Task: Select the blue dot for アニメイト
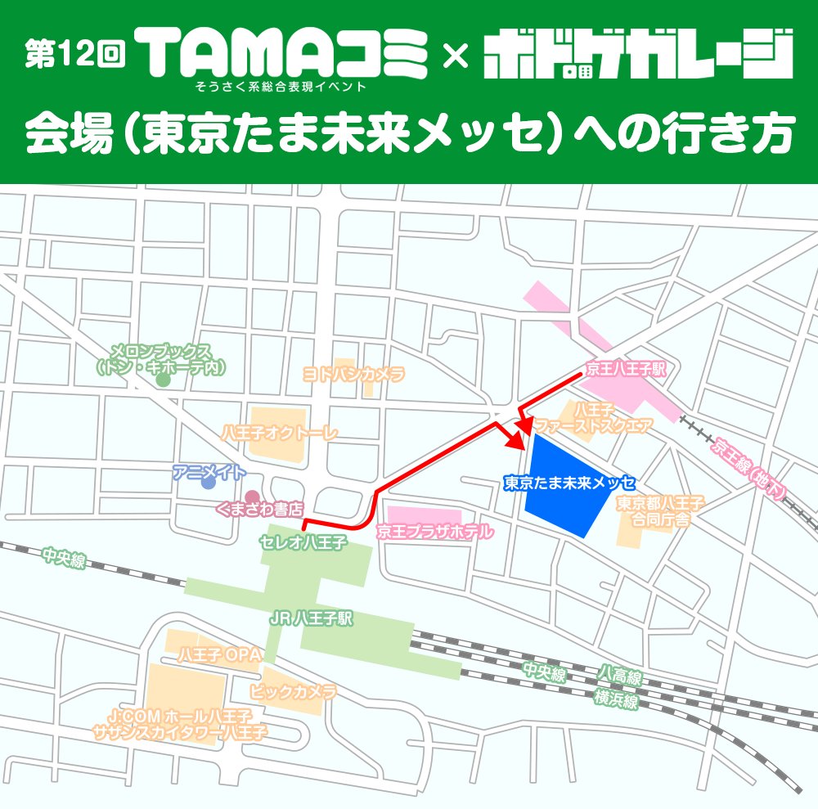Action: (209, 483)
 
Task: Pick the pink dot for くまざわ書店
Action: (252, 497)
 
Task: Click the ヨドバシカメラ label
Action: (354, 375)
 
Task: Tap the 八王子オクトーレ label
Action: (279, 433)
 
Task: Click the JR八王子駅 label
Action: (312, 619)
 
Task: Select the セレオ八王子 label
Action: (303, 542)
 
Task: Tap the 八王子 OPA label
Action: (218, 656)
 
